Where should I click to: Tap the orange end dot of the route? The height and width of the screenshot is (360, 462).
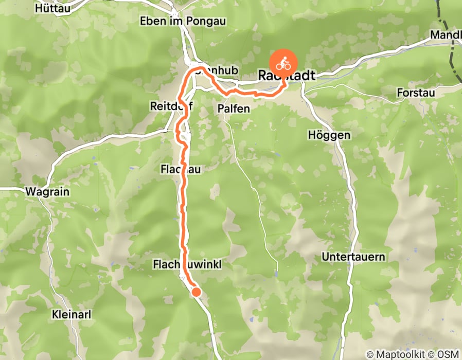[196, 292]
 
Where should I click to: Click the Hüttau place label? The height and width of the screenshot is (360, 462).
[52, 8]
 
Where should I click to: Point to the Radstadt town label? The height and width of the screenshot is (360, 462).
[286, 76]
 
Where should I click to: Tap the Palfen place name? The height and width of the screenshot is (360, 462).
[233, 109]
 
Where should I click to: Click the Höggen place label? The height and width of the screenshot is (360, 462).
[329, 135]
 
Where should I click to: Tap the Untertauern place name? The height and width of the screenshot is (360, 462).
[353, 256]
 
